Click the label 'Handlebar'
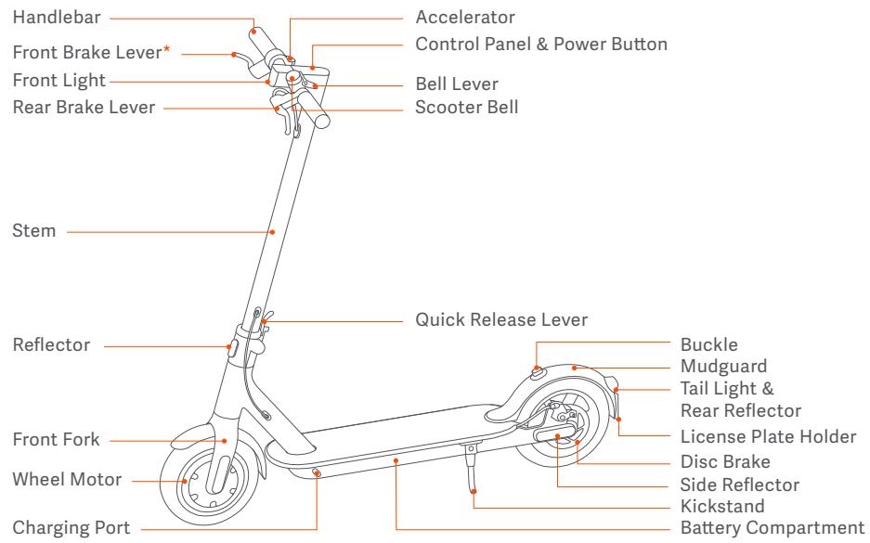point(57,18)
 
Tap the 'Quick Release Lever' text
point(501,319)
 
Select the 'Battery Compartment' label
point(773,528)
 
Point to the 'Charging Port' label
point(71,528)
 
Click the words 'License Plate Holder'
point(769,436)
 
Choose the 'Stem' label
point(33,231)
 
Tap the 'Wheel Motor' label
point(67,479)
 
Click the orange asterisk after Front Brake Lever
point(166,49)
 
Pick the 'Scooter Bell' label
point(467,107)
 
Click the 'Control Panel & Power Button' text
point(541,45)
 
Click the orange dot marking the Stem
point(272,232)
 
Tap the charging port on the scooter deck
point(317,472)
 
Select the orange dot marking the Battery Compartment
point(396,460)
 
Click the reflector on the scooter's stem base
point(232,348)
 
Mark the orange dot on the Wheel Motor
point(185,481)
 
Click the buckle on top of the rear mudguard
point(538,372)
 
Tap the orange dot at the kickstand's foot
point(474,491)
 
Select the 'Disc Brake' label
point(725,461)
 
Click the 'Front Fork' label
point(56,439)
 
